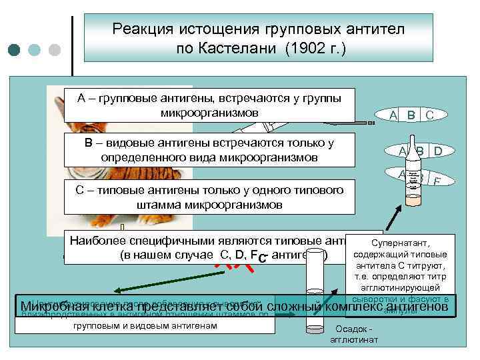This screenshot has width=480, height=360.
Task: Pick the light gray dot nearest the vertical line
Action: click(x=55, y=50)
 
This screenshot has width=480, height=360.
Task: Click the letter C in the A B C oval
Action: click(x=429, y=115)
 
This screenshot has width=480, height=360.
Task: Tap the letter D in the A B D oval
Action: click(x=437, y=151)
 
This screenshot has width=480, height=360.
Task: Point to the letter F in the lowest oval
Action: click(x=437, y=181)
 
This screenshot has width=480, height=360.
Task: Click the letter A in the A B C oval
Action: click(x=394, y=115)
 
